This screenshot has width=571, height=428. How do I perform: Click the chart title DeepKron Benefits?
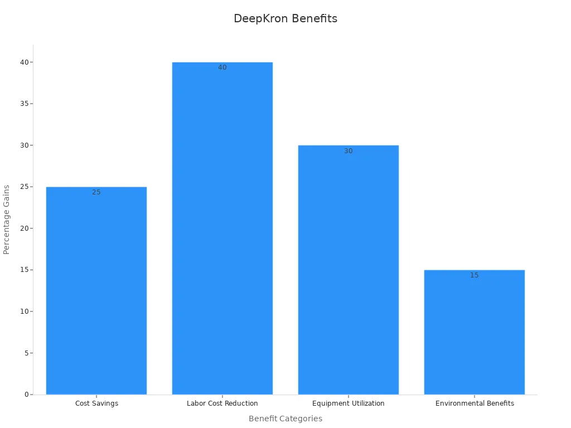click(x=285, y=18)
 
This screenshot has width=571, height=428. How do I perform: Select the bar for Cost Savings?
click(x=96, y=290)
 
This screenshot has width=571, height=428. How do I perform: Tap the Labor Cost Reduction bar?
click(x=222, y=228)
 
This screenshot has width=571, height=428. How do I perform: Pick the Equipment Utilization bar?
click(x=349, y=270)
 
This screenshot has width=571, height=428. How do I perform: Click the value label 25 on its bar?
click(x=96, y=192)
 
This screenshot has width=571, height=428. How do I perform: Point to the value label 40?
click(x=222, y=67)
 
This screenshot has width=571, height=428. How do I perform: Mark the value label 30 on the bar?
click(x=349, y=151)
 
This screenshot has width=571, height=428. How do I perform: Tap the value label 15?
click(x=475, y=275)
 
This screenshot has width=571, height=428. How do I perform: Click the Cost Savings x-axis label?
click(x=96, y=403)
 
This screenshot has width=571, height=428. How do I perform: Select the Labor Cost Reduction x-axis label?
click(x=222, y=403)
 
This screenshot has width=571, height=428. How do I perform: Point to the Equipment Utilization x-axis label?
click(x=349, y=403)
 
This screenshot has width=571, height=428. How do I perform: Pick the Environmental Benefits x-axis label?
click(x=475, y=403)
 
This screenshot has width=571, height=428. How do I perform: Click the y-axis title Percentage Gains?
click(x=7, y=220)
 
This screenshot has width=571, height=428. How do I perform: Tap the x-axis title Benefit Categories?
click(x=285, y=419)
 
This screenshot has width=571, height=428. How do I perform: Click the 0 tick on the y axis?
click(x=26, y=395)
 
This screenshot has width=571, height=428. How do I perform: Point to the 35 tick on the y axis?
click(x=24, y=104)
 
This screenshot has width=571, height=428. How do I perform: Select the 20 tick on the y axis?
click(x=24, y=228)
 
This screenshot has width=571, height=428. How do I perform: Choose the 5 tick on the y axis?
click(x=26, y=353)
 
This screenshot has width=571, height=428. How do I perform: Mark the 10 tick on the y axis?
click(x=24, y=312)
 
